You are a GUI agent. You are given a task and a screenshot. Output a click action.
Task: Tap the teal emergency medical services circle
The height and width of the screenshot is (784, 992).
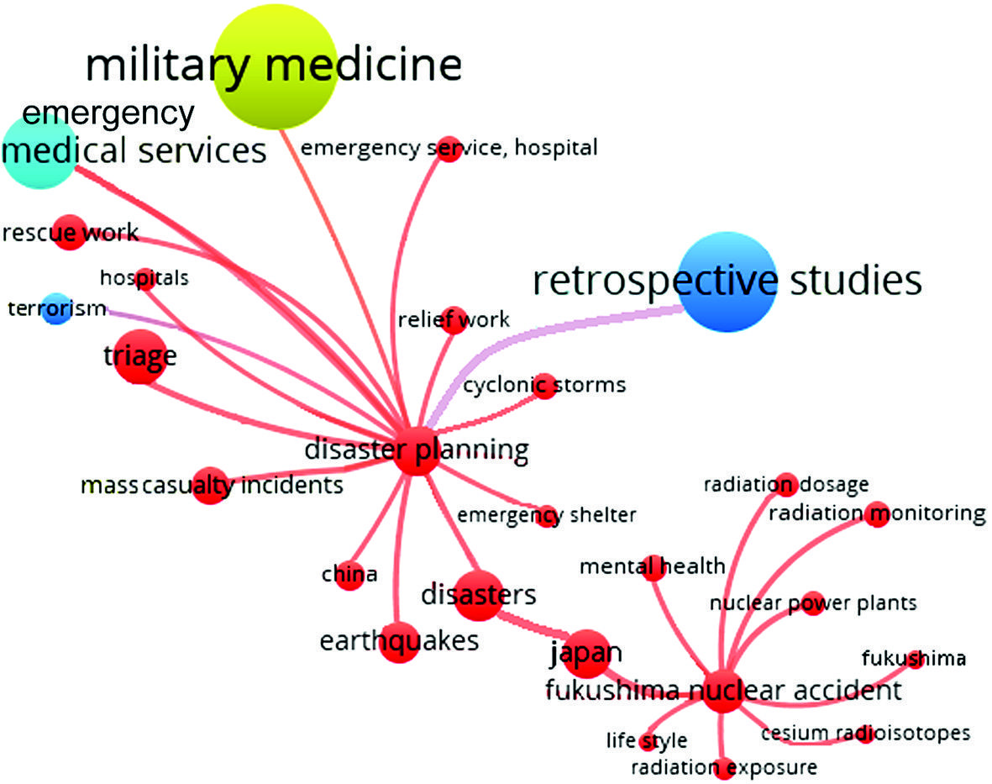[x=39, y=151]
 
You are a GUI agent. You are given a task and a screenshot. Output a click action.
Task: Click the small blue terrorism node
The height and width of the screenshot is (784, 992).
[x=57, y=308]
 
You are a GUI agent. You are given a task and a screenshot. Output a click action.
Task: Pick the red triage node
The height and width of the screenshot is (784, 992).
[x=136, y=360]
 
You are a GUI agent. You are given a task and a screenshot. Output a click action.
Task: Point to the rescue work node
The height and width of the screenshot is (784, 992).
[x=69, y=232]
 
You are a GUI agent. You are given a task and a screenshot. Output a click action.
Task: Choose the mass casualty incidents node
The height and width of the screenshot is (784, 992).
[x=210, y=486]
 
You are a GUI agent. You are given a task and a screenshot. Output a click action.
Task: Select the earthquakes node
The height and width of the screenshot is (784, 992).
[x=399, y=641]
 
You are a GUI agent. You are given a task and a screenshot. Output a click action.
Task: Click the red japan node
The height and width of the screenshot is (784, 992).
[x=585, y=654]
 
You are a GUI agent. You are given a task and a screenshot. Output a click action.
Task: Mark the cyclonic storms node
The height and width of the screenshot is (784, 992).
[x=544, y=386]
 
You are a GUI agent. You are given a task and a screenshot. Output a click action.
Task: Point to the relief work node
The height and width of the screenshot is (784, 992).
[x=454, y=319]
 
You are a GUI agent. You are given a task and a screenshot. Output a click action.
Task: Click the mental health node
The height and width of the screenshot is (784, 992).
[x=653, y=568]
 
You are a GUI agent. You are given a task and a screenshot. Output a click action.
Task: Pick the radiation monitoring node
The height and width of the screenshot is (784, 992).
[x=878, y=513]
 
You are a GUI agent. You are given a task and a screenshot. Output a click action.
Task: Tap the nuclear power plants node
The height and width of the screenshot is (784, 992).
[x=812, y=603]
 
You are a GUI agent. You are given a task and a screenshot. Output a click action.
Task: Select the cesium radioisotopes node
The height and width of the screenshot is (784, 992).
[x=865, y=734]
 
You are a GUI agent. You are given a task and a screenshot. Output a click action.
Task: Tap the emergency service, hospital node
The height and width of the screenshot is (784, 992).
[x=449, y=149]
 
